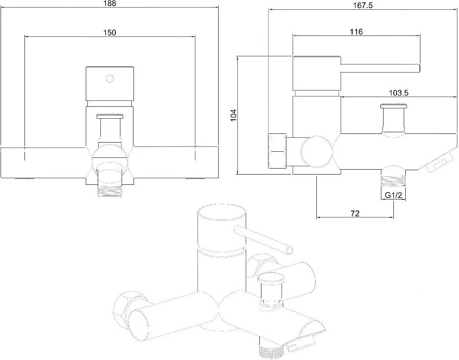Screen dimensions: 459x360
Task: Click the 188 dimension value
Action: click(110, 3)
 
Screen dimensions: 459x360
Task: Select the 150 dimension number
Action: click(110, 33)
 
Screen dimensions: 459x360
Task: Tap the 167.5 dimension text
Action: click(362, 5)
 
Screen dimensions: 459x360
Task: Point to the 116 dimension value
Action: click(356, 31)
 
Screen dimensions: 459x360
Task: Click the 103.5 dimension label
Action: click(398, 93)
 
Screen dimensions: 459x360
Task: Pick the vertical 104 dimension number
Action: click(233, 115)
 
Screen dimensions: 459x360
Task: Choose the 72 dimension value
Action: click(355, 214)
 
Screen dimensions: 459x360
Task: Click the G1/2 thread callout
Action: click(393, 195)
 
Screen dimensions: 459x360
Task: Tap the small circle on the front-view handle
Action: click(110, 79)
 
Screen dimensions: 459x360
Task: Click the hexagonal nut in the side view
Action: click(277, 151)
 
